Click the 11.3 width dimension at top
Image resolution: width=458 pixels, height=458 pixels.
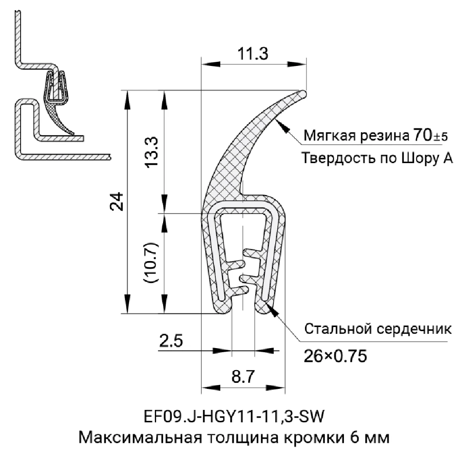[252, 54]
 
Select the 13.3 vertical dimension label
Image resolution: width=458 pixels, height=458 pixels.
[153, 152]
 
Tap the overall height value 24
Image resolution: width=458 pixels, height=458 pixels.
[117, 201]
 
